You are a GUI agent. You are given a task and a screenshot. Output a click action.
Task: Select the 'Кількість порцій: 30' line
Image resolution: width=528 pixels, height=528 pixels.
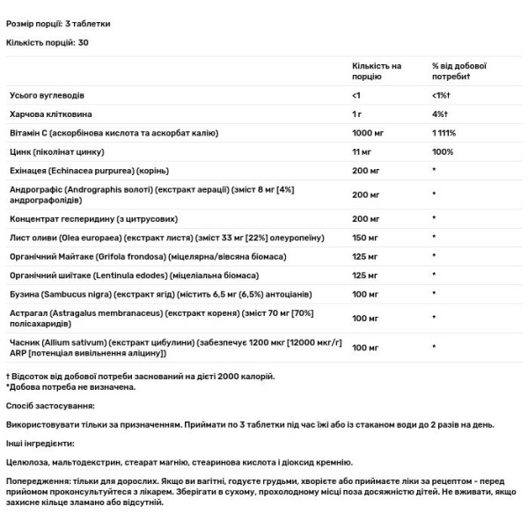click(48, 41)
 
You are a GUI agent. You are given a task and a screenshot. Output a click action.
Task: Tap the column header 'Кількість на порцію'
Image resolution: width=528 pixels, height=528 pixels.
click(376, 71)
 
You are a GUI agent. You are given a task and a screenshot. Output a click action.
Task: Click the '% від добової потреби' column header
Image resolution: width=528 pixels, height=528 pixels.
click(459, 71)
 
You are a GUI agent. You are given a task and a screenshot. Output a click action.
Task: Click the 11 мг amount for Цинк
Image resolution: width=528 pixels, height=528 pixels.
click(362, 152)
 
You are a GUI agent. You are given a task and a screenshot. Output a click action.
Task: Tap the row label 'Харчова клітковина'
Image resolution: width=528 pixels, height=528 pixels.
click(49, 114)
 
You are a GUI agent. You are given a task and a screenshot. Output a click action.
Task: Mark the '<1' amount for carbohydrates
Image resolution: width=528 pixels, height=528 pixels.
click(356, 94)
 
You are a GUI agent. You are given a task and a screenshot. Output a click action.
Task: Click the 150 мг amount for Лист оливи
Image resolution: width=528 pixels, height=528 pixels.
click(365, 238)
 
